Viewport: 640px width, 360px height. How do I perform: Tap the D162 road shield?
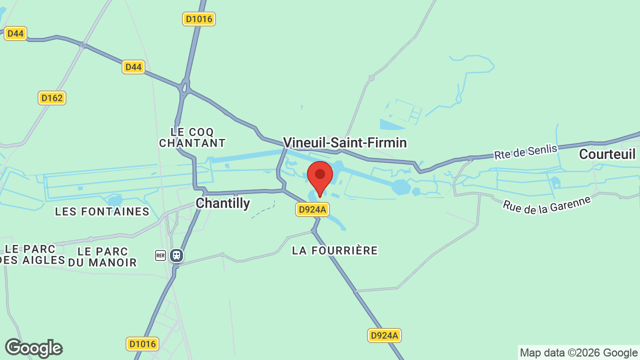(x=52, y=98)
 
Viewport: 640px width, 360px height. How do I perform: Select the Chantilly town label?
(x=222, y=203)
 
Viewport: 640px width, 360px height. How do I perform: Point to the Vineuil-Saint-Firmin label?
(x=344, y=143)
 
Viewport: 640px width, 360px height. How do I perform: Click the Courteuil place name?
(x=607, y=154)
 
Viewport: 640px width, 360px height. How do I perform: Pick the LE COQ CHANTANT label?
(x=192, y=137)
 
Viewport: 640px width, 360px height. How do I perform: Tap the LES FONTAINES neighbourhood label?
(x=102, y=211)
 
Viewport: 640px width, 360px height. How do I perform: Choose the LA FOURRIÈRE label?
(x=334, y=250)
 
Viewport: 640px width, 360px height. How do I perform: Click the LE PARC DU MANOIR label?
(x=102, y=256)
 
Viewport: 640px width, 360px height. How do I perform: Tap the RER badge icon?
(x=160, y=255)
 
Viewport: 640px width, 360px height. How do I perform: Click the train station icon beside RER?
(x=175, y=255)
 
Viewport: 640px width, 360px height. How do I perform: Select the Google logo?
(x=33, y=348)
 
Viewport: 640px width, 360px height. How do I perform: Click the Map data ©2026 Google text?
(x=578, y=352)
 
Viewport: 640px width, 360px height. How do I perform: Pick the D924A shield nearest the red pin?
(x=312, y=209)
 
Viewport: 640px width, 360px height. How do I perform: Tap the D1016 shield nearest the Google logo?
(x=142, y=344)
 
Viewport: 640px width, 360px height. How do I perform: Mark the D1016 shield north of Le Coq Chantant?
(x=198, y=19)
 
